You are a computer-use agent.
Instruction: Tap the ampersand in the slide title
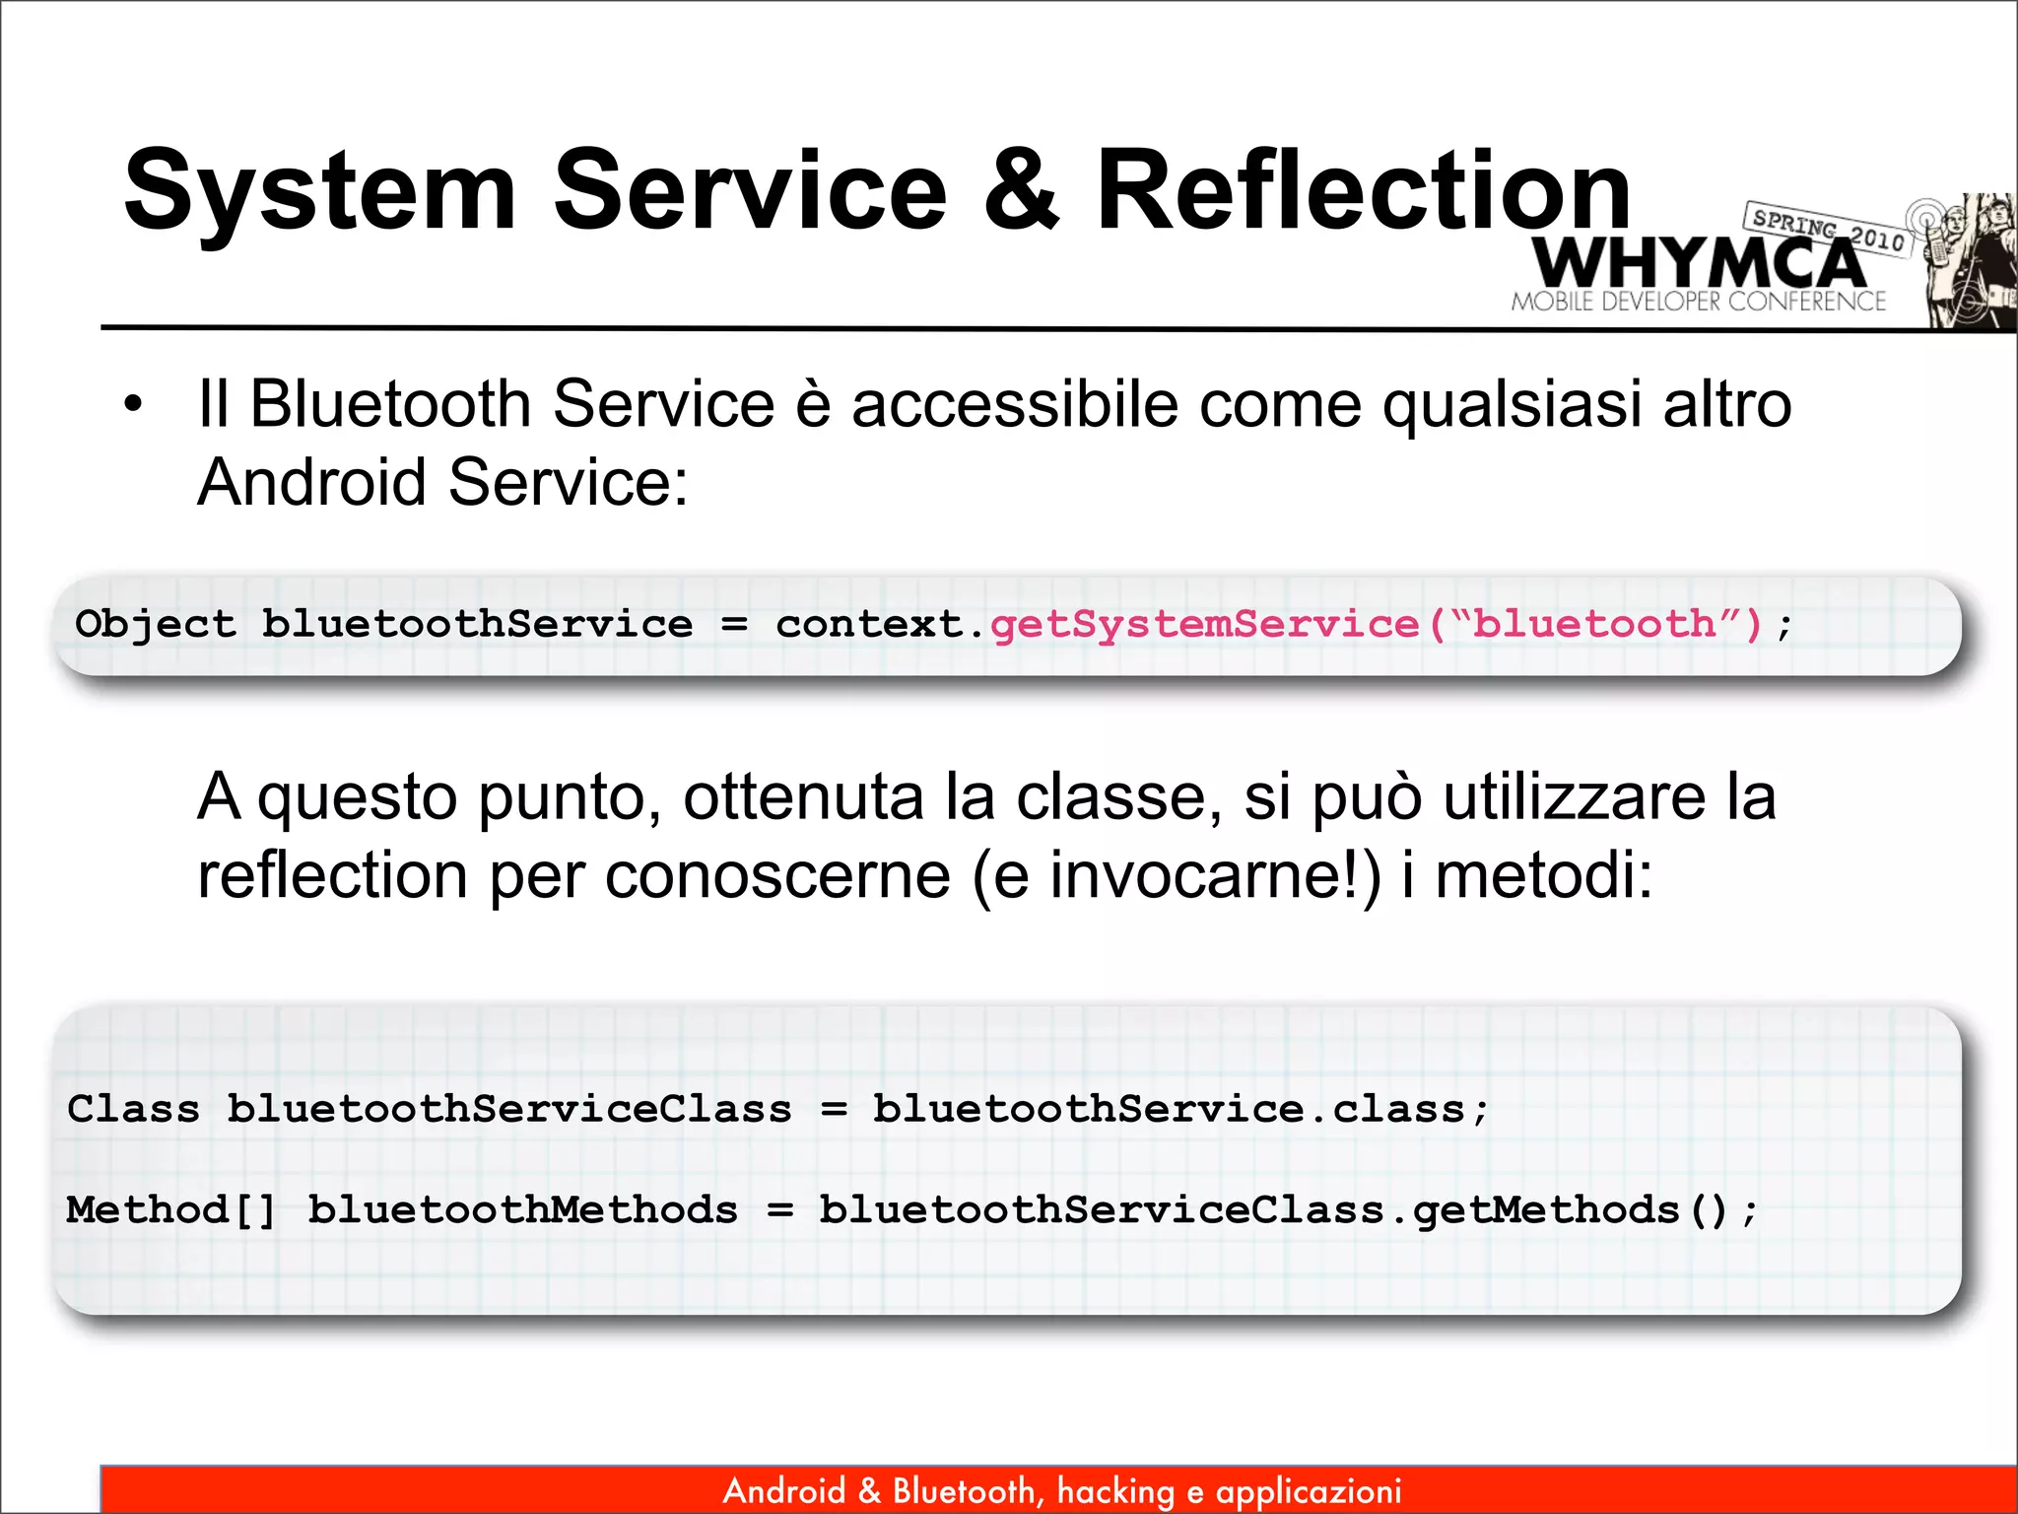[1021, 190]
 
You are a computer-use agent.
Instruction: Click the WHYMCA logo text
[1698, 263]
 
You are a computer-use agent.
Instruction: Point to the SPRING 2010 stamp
[1828, 229]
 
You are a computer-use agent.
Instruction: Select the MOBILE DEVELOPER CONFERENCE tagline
[1698, 302]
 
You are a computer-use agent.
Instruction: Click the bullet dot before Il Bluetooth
[133, 405]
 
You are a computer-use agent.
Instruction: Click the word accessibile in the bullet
[1014, 404]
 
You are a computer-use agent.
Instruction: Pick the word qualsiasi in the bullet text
[1512, 404]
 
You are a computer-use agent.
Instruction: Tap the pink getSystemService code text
[1204, 624]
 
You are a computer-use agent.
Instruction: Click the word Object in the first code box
[156, 624]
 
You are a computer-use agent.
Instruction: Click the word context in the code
[868, 624]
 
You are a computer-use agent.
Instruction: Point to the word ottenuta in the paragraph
[803, 796]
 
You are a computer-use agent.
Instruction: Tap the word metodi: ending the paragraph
[1543, 875]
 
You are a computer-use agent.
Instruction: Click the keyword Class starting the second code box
[133, 1109]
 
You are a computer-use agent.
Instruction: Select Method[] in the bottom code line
[171, 1210]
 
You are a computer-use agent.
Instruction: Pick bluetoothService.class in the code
[1169, 1109]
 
